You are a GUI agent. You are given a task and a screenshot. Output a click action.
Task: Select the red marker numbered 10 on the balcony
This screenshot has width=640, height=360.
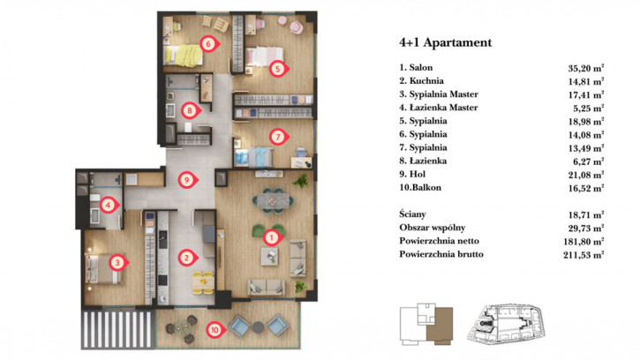[215, 329]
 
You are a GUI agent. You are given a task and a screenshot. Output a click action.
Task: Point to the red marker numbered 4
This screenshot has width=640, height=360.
[109, 205]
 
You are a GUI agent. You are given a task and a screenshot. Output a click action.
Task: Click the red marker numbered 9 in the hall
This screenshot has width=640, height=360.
[187, 180]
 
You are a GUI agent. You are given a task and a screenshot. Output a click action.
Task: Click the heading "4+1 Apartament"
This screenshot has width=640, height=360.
[446, 42]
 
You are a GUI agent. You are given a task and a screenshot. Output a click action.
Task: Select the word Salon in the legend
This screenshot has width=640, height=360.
[421, 67]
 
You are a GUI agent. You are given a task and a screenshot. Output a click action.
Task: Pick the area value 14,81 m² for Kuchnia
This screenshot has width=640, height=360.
[586, 82]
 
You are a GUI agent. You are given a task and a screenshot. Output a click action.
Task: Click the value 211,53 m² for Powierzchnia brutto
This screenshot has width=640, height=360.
[584, 255]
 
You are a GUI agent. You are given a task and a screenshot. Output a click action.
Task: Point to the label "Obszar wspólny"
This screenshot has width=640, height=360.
[433, 228]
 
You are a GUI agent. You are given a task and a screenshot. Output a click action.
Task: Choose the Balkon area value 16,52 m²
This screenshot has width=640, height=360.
[586, 189]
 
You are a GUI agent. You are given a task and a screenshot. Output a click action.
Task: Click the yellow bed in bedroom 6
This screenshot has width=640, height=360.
[184, 56]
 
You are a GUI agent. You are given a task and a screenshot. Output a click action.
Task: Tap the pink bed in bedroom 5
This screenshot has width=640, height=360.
[265, 56]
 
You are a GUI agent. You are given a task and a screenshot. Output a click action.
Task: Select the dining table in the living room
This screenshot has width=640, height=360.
[273, 201]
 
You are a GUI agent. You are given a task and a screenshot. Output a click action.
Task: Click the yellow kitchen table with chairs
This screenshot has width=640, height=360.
[203, 282]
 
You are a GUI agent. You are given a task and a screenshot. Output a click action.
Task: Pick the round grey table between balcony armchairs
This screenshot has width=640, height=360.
[259, 327]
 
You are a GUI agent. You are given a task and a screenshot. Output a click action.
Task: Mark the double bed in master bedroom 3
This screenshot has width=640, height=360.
[103, 268]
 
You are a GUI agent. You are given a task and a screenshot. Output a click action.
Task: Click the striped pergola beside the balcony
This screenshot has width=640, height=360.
[118, 330]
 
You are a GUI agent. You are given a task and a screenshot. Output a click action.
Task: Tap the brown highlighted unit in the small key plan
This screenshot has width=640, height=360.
[440, 324]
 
